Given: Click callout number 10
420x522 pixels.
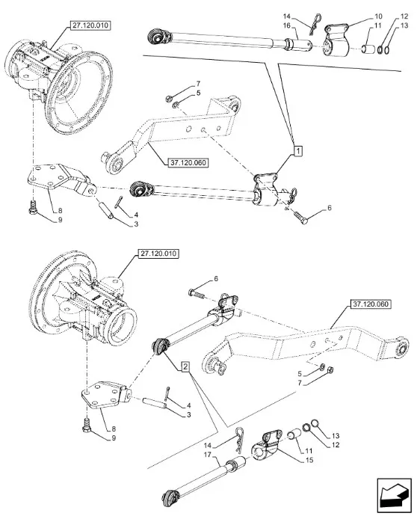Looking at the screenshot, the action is (x=378, y=16).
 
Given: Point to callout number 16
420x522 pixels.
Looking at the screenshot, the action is (x=286, y=25).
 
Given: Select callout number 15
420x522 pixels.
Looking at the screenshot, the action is (x=309, y=460).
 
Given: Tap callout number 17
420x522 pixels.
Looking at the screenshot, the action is (x=208, y=455).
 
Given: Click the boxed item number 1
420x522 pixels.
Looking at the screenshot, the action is (x=298, y=150).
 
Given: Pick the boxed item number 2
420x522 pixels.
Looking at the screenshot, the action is (x=185, y=366).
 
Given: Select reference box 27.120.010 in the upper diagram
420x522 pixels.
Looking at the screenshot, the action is (x=90, y=25).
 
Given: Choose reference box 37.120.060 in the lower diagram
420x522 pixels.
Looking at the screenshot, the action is (x=371, y=304).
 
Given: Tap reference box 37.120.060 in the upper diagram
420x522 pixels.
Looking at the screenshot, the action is (x=188, y=163).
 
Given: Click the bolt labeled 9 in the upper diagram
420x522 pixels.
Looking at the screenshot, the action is (x=33, y=206).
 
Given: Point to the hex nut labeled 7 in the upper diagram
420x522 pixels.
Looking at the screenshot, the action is (x=169, y=98).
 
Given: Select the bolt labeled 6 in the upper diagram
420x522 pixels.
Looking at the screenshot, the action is (x=300, y=217).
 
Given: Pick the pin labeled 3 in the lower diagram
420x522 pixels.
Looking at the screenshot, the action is (x=154, y=402).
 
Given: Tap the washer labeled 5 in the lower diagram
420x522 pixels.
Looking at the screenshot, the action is (x=322, y=366).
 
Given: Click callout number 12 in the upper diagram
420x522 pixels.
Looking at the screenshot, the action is (x=404, y=16).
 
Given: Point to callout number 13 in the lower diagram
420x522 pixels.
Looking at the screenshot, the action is (x=336, y=435).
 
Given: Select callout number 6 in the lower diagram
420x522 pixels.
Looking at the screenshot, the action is (x=216, y=279).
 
